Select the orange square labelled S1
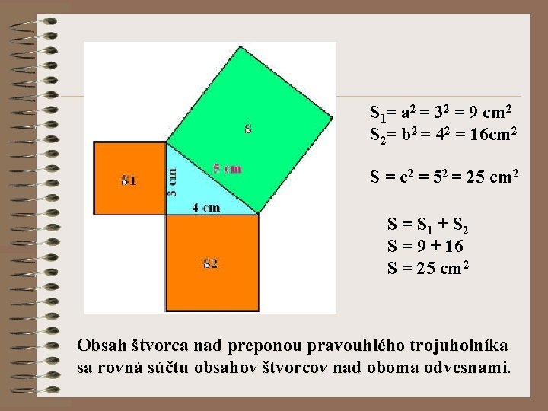coord(129,179)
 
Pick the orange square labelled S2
coord(212,263)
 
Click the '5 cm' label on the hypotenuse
coord(227,169)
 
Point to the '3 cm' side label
coord(173,183)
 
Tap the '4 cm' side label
coord(205,207)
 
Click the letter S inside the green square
coord(248,129)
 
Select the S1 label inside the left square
coord(129,180)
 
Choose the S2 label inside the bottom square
coord(211,263)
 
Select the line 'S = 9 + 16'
coord(425,247)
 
